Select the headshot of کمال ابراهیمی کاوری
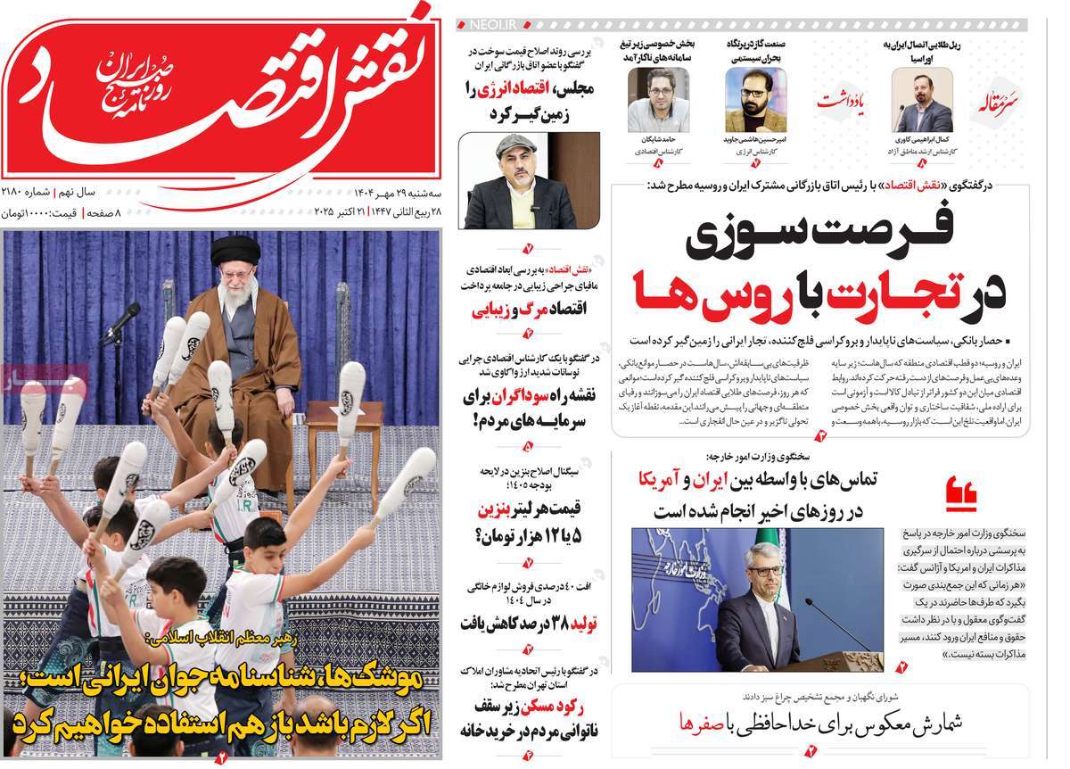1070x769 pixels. pos(922,100)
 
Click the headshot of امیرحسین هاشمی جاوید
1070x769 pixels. pos(755,100)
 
